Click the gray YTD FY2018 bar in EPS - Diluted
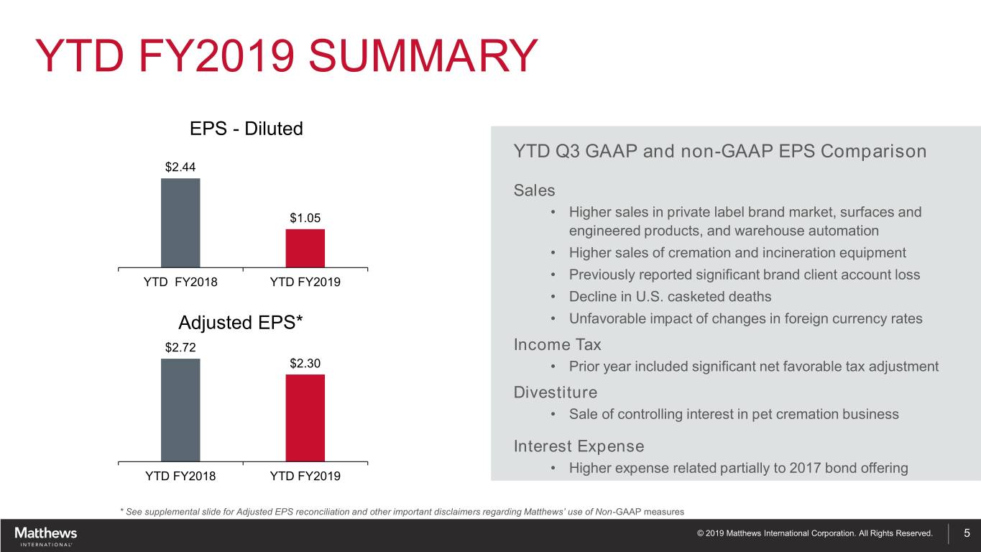point(180,223)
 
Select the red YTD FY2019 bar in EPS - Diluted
point(305,248)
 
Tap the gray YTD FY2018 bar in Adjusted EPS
point(180,410)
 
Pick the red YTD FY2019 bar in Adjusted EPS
point(305,418)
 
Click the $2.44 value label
point(180,167)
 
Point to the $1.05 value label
point(305,218)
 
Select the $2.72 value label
point(180,348)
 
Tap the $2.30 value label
point(305,364)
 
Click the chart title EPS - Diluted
point(246,129)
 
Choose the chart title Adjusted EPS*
point(241,321)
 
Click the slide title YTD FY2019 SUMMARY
point(285,57)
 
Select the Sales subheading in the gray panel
point(534,190)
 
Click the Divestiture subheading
point(555,392)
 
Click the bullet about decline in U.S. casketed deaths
point(670,297)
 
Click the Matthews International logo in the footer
point(46,535)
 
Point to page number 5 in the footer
point(967,533)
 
